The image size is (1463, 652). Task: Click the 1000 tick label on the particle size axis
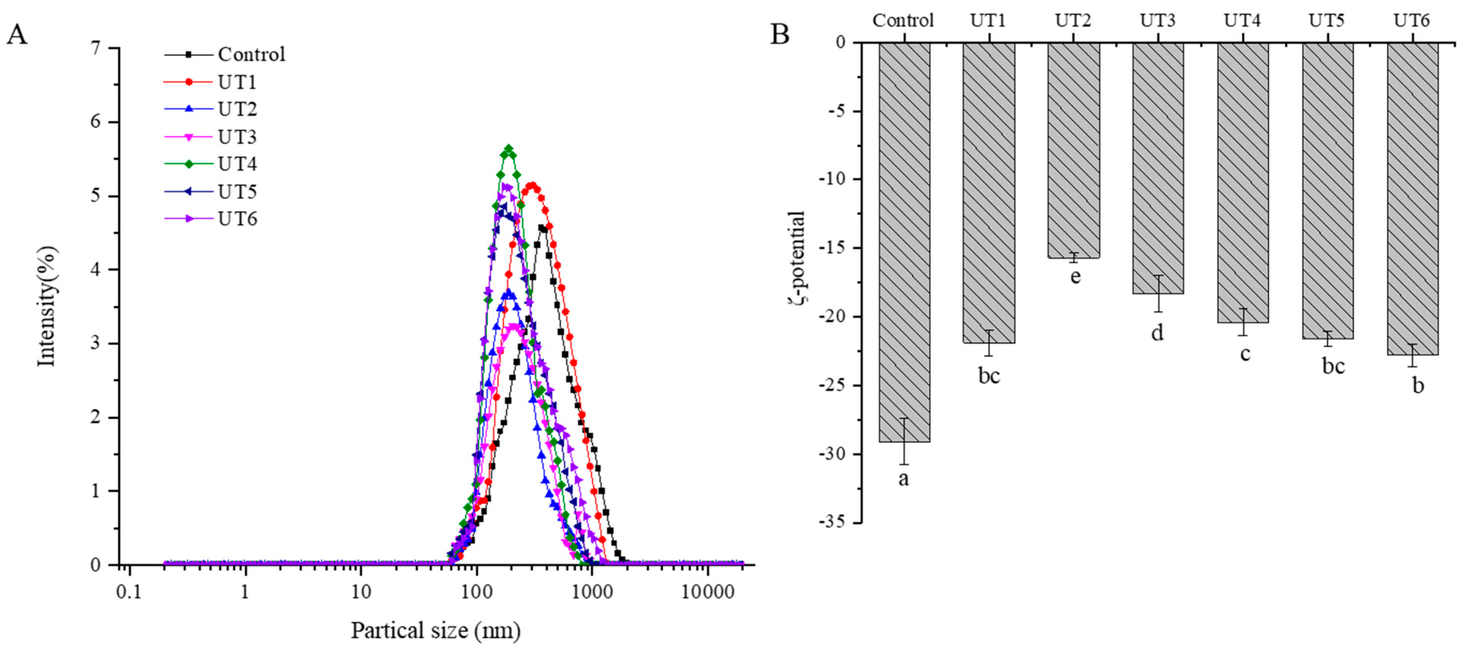(592, 592)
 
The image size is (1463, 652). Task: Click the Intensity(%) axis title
(48, 306)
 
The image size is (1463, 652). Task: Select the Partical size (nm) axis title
(436, 631)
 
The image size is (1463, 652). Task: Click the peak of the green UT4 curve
(509, 148)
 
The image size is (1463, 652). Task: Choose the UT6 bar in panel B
(1412, 199)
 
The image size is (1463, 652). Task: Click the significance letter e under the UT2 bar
(1075, 276)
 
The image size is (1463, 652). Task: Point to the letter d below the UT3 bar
(1157, 333)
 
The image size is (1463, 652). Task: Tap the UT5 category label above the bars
(1327, 20)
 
